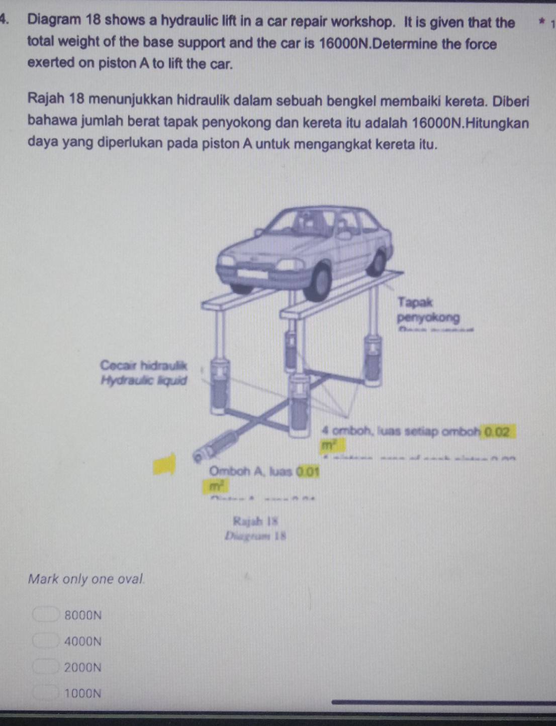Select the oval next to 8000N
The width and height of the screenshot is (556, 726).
point(46,614)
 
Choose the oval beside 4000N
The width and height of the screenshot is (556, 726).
point(46,641)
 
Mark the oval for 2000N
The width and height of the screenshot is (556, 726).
point(46,667)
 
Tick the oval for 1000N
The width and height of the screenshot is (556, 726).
point(46,693)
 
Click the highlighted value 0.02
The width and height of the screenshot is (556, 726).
point(496,432)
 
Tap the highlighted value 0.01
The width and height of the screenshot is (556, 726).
point(308,472)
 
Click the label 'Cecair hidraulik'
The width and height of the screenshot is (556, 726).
point(143,365)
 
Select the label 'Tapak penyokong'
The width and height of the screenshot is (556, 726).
point(427,310)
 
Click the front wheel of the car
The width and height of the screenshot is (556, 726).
point(318,283)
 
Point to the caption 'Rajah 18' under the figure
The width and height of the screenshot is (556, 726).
point(255,521)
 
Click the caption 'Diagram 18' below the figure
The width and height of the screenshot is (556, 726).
point(255,536)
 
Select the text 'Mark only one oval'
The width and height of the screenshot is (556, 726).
point(86,579)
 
